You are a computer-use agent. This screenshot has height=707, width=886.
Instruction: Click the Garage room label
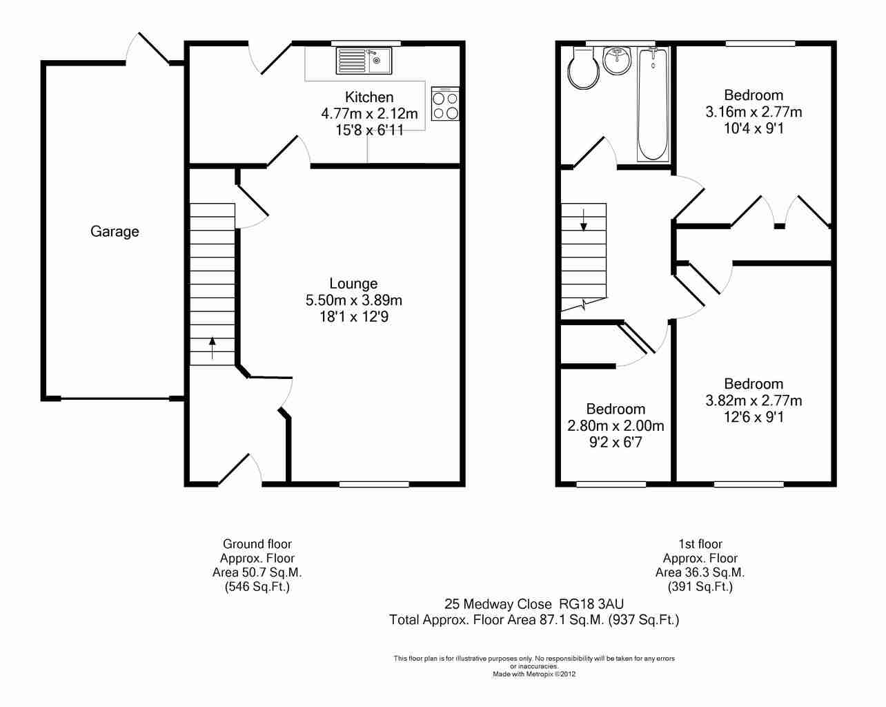(x=115, y=231)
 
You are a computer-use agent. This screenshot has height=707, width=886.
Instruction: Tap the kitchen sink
(x=364, y=61)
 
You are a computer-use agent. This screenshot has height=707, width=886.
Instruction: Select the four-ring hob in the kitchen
(x=445, y=104)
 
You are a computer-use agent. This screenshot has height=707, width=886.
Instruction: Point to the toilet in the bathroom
(x=582, y=68)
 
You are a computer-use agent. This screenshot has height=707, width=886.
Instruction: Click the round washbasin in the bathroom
(x=617, y=61)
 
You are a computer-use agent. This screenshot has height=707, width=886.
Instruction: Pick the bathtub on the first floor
(x=653, y=104)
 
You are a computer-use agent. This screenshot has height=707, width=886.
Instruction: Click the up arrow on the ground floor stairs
(x=212, y=348)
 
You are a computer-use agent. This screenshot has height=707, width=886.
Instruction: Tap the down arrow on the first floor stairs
(x=583, y=220)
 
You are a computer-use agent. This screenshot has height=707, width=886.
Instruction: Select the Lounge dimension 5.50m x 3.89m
(x=354, y=300)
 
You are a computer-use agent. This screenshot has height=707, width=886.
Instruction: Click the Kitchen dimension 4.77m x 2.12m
(x=369, y=114)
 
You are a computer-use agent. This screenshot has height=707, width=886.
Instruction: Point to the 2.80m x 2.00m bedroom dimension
(x=616, y=425)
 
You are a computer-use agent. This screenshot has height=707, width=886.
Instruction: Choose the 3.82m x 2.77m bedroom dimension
(x=754, y=400)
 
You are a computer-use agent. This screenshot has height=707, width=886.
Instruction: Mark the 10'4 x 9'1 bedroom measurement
(x=754, y=128)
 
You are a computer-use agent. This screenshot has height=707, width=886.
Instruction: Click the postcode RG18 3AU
(x=591, y=604)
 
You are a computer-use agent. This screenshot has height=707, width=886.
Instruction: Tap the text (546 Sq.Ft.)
(x=257, y=586)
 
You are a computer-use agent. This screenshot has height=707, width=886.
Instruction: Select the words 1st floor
(x=700, y=544)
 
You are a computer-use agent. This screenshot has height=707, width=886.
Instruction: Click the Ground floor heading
(x=257, y=544)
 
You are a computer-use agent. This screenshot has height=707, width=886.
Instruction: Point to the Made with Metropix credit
(x=534, y=674)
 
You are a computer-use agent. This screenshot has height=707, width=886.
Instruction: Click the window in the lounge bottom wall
(x=374, y=485)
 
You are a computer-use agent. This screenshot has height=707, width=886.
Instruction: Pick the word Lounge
(x=353, y=284)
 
